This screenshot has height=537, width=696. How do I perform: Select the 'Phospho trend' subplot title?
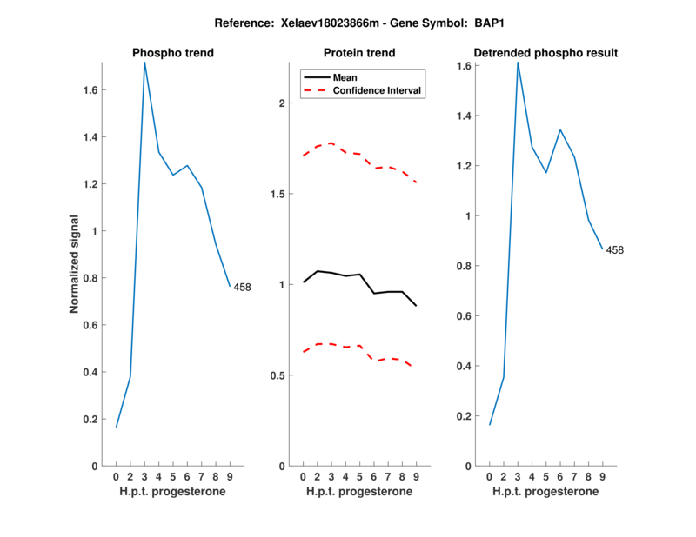(x=172, y=53)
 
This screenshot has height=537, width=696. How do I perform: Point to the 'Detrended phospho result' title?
(x=545, y=53)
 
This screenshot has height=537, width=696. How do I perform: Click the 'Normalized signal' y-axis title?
(x=75, y=264)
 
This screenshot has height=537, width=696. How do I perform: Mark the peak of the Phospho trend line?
(x=144, y=63)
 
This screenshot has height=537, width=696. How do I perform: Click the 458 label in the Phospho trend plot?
(x=242, y=288)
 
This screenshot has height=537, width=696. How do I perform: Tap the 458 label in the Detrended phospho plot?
(x=615, y=250)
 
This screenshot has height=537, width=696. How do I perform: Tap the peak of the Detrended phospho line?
(x=518, y=63)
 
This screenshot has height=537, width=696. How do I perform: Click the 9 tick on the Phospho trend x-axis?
(x=229, y=476)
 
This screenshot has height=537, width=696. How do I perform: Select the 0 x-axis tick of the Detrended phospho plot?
(x=489, y=476)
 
